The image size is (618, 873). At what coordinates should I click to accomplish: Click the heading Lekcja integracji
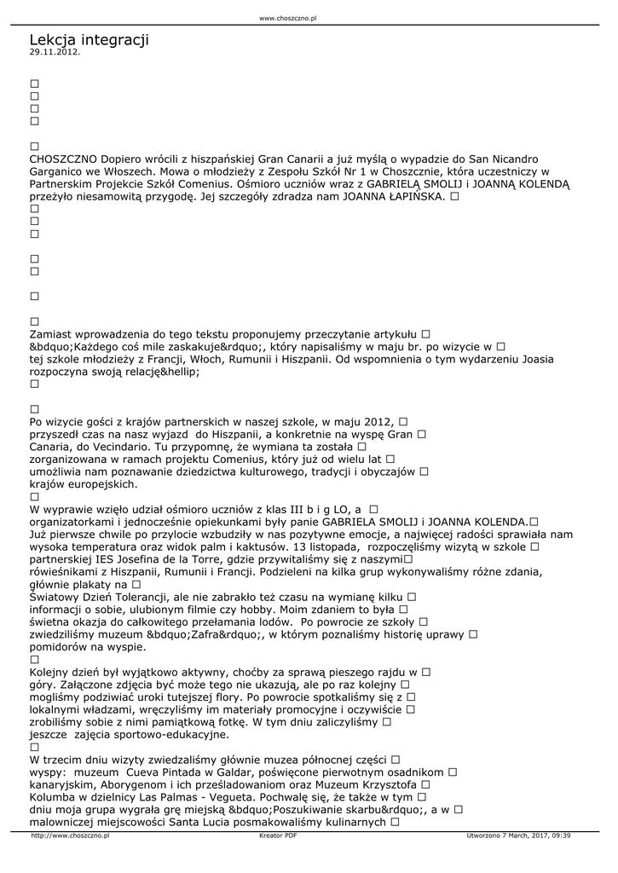click(89, 39)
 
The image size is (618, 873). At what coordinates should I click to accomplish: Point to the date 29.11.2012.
click(55, 52)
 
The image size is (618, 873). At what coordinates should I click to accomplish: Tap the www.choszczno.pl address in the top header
click(287, 17)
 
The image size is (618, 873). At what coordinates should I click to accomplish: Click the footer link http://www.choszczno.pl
click(70, 835)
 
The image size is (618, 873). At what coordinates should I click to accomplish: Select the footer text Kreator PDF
click(278, 835)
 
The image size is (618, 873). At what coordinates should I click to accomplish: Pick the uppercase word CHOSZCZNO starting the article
click(63, 159)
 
